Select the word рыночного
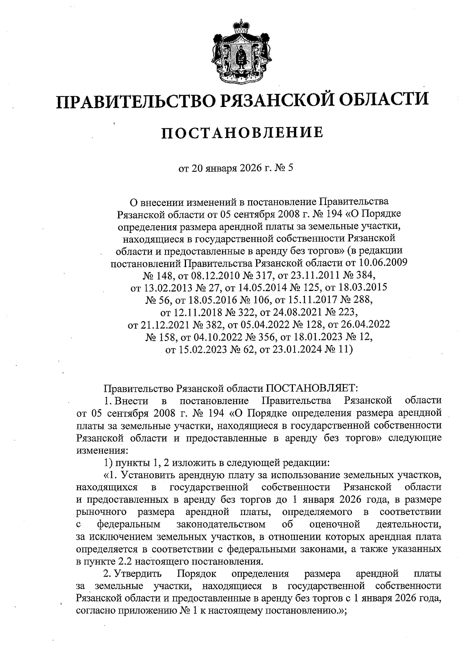click(x=102, y=512)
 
